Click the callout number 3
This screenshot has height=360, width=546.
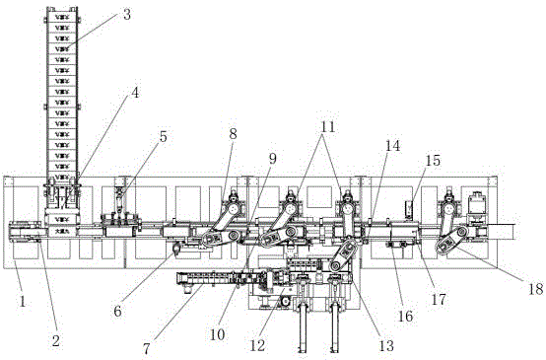click(127, 15)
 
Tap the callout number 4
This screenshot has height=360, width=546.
click(135, 93)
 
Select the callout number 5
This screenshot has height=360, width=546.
click(163, 137)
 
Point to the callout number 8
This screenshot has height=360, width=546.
click(233, 134)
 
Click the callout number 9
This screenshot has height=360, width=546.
click(272, 159)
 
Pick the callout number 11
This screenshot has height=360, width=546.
click(327, 127)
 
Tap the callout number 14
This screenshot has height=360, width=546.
click(393, 145)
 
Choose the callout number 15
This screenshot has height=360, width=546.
click(434, 161)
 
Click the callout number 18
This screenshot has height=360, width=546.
click(536, 289)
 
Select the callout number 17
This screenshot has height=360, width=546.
click(439, 299)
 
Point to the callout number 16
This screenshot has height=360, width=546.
click(405, 316)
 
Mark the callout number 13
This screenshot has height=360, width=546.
click(386, 346)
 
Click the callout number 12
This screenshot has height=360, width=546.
click(257, 346)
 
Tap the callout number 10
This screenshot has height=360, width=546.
click(217, 334)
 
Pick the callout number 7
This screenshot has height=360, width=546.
click(146, 348)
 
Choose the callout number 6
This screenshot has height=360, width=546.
click(117, 312)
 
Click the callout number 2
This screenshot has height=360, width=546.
click(56, 341)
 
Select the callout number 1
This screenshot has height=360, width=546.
click(23, 302)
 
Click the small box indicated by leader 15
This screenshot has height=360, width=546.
click(409, 210)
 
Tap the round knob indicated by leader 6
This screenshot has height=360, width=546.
click(176, 249)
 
